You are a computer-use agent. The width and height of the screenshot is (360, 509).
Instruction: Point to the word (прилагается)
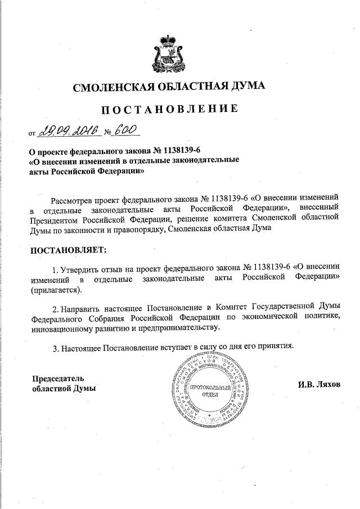56,289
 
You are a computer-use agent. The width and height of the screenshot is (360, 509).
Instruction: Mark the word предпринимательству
177,329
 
